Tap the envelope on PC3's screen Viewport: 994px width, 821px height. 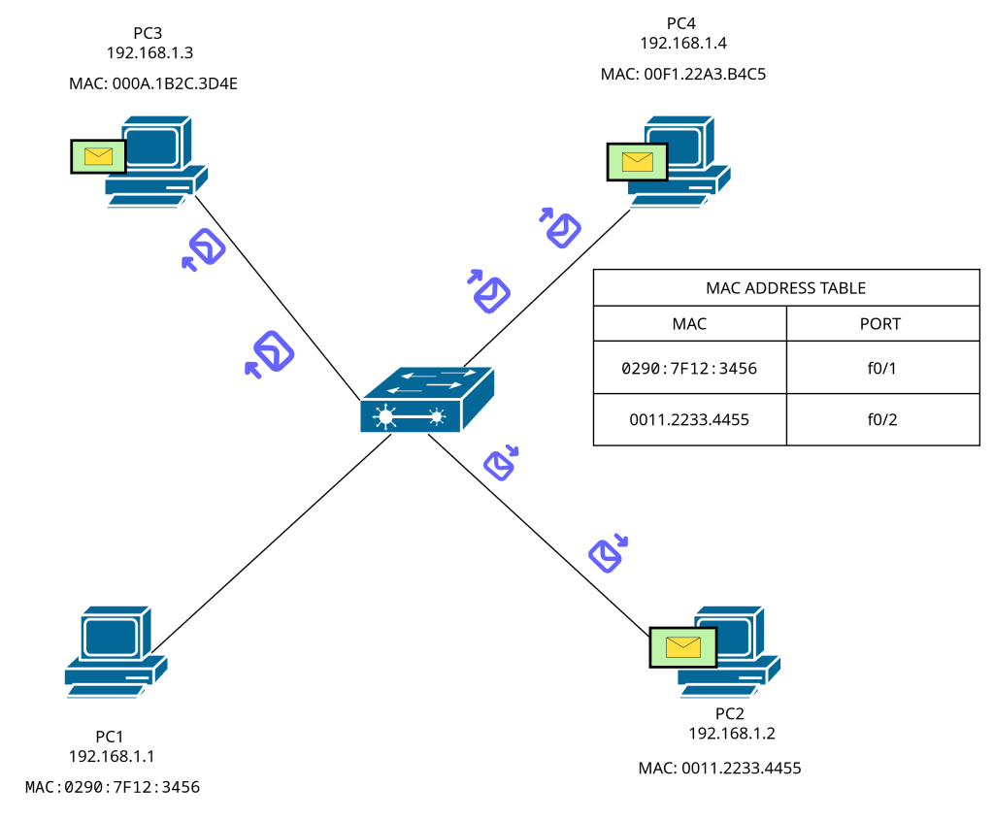[x=98, y=155]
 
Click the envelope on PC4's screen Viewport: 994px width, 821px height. [x=637, y=161]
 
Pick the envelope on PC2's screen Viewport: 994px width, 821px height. [x=683, y=646]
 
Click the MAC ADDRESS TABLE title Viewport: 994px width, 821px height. [x=785, y=288]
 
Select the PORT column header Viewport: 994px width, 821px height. [x=881, y=323]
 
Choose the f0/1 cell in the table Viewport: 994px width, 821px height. [x=881, y=368]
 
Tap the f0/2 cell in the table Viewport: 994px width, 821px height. [x=881, y=419]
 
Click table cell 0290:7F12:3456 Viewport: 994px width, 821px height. [x=689, y=368]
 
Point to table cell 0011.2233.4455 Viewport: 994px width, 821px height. [x=689, y=419]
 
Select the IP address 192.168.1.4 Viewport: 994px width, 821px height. [x=683, y=43]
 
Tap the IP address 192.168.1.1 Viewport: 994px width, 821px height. [x=112, y=756]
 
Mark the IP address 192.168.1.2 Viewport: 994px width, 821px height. [x=732, y=733]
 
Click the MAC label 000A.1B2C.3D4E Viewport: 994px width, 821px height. [x=153, y=84]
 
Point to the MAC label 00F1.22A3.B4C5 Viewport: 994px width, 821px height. [x=683, y=74]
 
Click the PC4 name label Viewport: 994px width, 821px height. [x=681, y=22]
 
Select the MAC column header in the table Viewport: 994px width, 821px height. [x=689, y=323]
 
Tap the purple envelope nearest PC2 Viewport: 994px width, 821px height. [x=605, y=554]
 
